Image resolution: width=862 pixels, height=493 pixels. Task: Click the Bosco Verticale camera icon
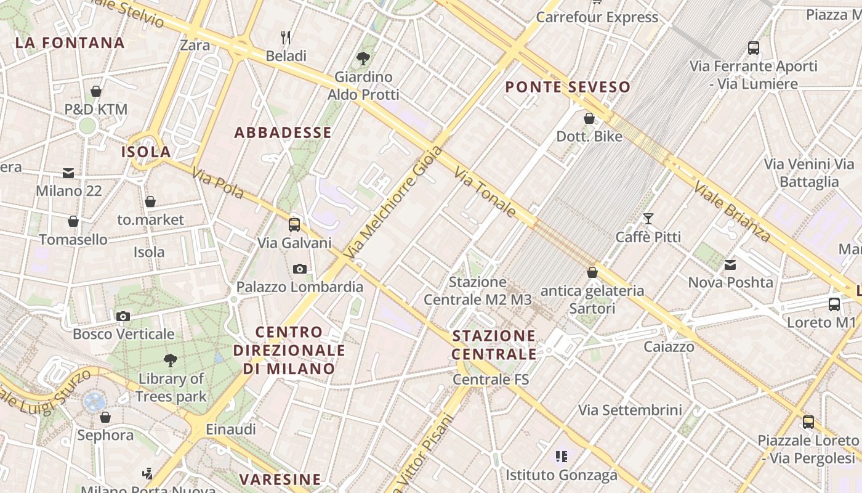tap(123, 316)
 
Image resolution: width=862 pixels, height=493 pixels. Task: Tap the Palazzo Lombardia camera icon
tap(300, 269)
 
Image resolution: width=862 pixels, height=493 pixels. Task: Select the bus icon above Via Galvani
tap(294, 224)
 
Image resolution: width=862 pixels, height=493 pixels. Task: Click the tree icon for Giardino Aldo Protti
tap(363, 59)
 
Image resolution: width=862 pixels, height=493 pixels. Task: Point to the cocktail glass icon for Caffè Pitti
tap(648, 218)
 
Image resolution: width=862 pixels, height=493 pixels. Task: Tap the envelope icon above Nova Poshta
tap(730, 264)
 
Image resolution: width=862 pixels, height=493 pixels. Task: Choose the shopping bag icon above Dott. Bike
tap(589, 118)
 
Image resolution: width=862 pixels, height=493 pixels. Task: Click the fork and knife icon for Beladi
tap(286, 38)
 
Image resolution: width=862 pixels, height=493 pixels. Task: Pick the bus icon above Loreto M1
tap(834, 304)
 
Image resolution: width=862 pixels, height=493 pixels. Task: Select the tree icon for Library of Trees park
tap(171, 361)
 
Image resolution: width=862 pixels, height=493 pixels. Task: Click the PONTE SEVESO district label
tap(568, 87)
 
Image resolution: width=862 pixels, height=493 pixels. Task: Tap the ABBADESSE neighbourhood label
tap(283, 132)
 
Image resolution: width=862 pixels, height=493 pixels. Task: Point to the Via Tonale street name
tap(485, 192)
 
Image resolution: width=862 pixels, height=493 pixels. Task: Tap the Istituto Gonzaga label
tap(562, 475)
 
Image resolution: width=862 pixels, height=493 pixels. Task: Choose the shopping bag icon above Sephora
tap(105, 417)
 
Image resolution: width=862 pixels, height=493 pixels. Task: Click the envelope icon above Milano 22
tap(68, 173)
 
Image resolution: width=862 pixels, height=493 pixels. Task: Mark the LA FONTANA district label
tap(70, 43)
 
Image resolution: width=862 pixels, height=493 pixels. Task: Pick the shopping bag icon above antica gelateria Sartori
tap(592, 272)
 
